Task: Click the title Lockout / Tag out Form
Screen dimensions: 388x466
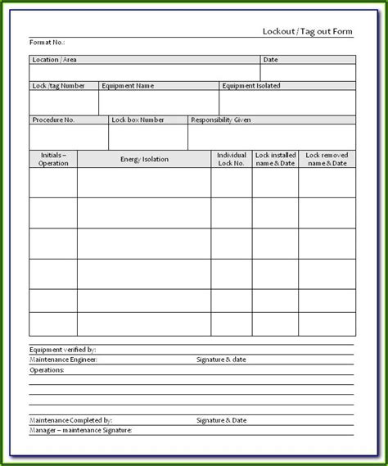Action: [x=308, y=30]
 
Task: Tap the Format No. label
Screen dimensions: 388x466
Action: [x=47, y=42]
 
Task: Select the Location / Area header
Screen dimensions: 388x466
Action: [x=55, y=60]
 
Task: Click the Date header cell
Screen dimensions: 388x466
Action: [x=271, y=60]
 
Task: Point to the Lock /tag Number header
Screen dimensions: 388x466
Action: [x=58, y=85]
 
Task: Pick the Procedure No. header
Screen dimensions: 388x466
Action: [x=53, y=120]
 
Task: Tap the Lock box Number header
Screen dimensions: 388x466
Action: [x=138, y=120]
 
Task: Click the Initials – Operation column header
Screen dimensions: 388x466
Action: [x=53, y=159]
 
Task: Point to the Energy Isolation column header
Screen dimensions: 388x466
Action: [x=144, y=159]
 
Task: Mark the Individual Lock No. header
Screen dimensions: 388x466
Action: [x=232, y=159]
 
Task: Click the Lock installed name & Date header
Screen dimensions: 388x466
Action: [x=275, y=159]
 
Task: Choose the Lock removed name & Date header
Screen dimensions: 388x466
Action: [x=327, y=159]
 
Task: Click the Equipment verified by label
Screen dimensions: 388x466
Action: [x=62, y=349]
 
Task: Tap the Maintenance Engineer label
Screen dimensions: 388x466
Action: [x=63, y=359]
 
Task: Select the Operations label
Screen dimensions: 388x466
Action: [x=47, y=369]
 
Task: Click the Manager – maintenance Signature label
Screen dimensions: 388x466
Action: [x=80, y=430]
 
